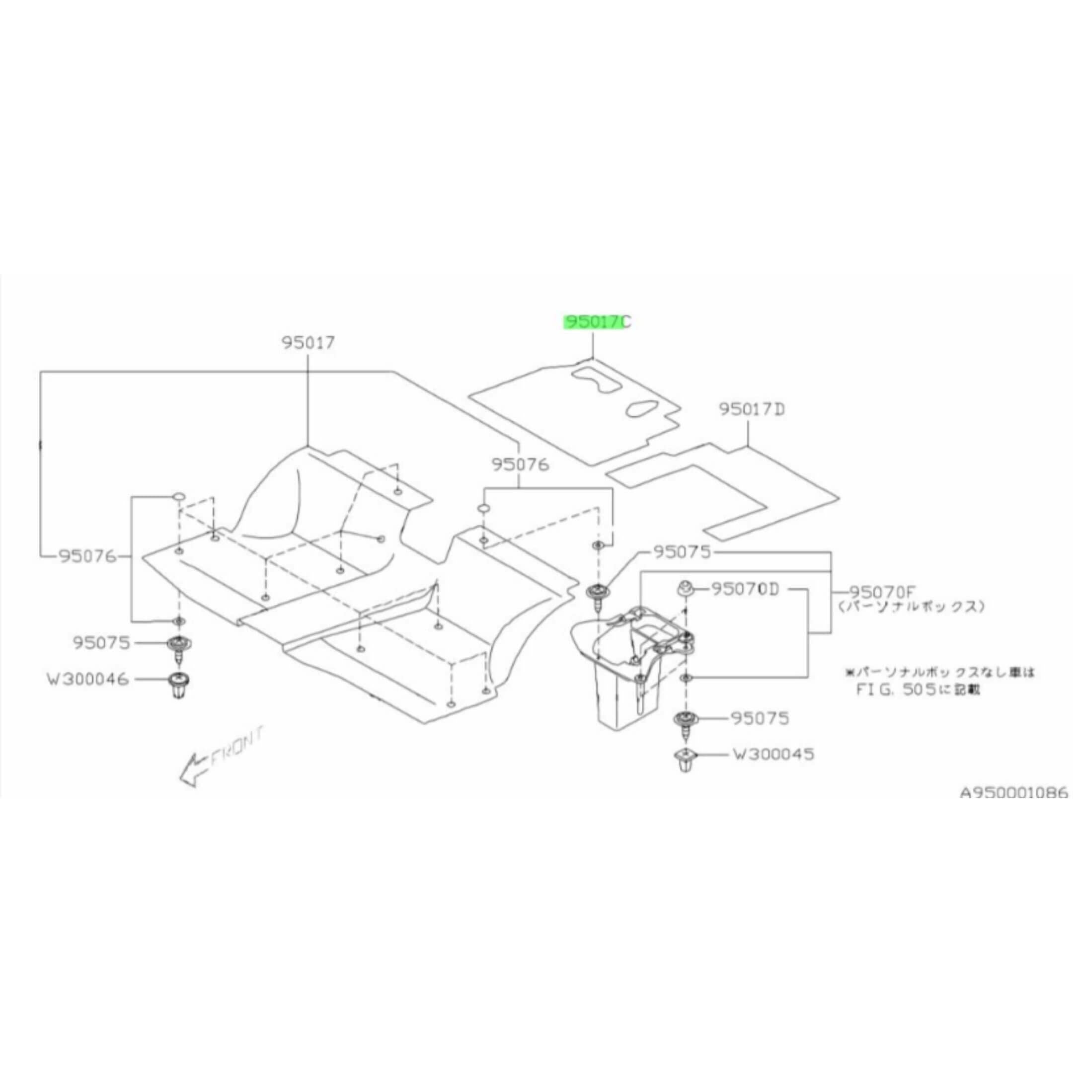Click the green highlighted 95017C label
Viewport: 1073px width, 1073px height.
coord(597,322)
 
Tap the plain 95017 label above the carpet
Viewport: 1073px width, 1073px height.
coord(308,343)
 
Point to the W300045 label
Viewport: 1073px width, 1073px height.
coord(773,754)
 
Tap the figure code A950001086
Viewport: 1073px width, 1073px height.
coord(1014,792)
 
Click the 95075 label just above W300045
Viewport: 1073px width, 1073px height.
coord(761,719)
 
